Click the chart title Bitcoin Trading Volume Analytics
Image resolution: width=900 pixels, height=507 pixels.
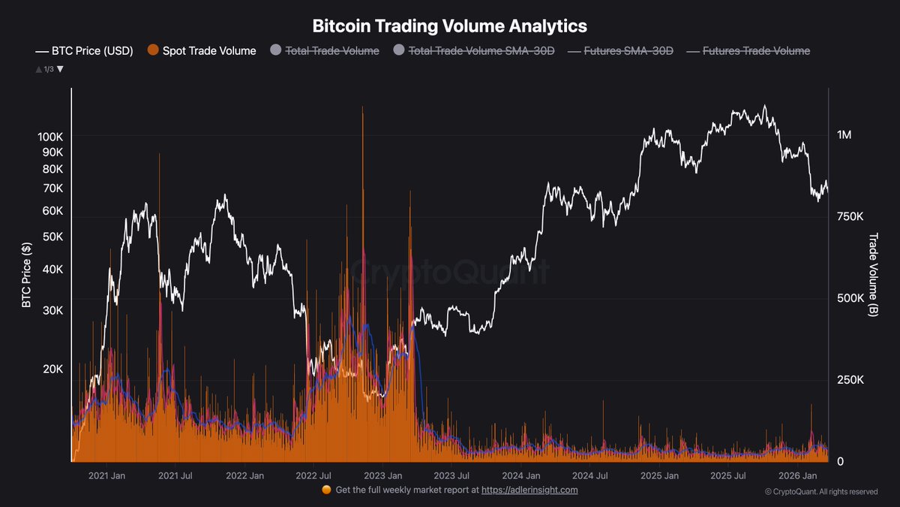[449, 26]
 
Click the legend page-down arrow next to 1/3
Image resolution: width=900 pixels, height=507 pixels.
[61, 69]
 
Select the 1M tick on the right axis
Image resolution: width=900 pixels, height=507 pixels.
[844, 135]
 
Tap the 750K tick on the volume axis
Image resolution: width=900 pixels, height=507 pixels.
[850, 216]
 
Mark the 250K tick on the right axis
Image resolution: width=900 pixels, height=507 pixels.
[850, 380]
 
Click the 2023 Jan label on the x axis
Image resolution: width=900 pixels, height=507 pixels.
[383, 476]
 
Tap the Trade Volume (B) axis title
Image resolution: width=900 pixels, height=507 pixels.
[873, 274]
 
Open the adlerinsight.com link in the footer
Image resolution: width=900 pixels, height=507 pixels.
[529, 490]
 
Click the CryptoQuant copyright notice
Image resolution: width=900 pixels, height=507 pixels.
[821, 492]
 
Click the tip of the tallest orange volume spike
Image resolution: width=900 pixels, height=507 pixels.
[362, 107]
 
